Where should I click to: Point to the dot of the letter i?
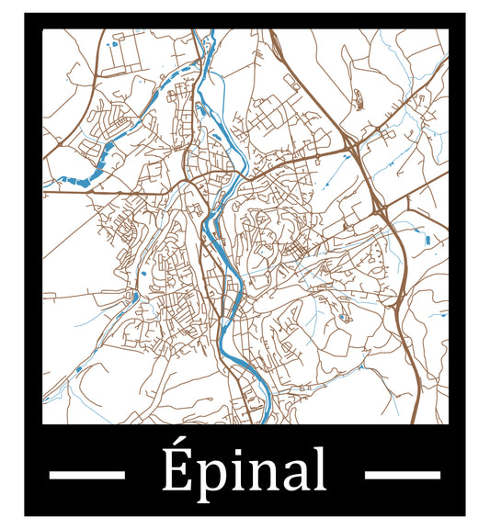click(230, 452)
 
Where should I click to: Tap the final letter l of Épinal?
click(318, 469)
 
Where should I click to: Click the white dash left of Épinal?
click(85, 475)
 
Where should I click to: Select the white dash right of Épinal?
click(403, 475)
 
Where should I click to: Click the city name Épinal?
click(245, 471)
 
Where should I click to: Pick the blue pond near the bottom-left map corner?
click(77, 369)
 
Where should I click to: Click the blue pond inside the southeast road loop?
click(345, 318)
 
